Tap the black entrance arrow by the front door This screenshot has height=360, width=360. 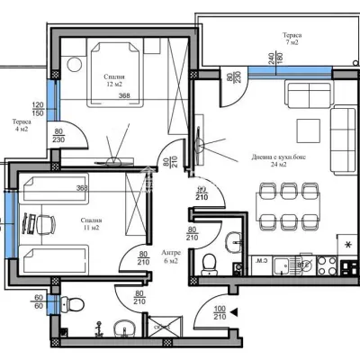coord(235,312)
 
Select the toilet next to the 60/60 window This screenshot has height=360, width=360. coord(76,301)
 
